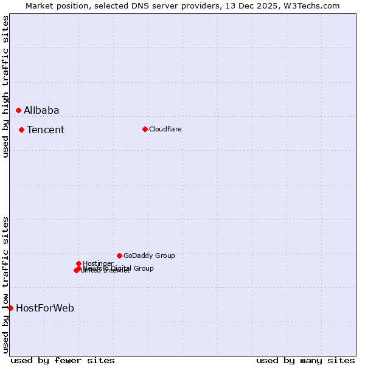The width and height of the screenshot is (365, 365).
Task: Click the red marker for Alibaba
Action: coord(18,110)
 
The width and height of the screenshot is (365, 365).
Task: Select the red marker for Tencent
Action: coord(21,130)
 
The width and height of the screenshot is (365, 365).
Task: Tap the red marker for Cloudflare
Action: coord(145,129)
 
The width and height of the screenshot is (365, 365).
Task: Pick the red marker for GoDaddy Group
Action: coord(119,255)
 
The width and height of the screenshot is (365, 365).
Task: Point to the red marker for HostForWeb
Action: coord(10,308)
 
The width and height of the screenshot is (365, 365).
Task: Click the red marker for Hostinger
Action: coord(78,263)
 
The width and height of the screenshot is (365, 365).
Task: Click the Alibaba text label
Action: coord(41,110)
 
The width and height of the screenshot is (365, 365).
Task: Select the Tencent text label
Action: coord(46,130)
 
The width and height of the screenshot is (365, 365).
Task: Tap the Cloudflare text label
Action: coord(165,129)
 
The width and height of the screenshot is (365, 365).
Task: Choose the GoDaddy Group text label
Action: coord(149,255)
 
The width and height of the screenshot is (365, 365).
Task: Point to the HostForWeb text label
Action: coord(45,308)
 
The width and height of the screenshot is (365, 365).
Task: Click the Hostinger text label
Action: coord(98,263)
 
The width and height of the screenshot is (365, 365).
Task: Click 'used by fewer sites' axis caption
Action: coord(63,360)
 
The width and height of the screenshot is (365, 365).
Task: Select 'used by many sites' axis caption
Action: coord(305,360)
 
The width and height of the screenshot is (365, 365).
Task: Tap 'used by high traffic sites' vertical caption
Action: coord(5,86)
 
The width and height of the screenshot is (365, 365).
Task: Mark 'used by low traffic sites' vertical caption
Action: coord(5,285)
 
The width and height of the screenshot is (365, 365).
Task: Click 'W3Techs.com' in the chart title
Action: coord(314,5)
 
